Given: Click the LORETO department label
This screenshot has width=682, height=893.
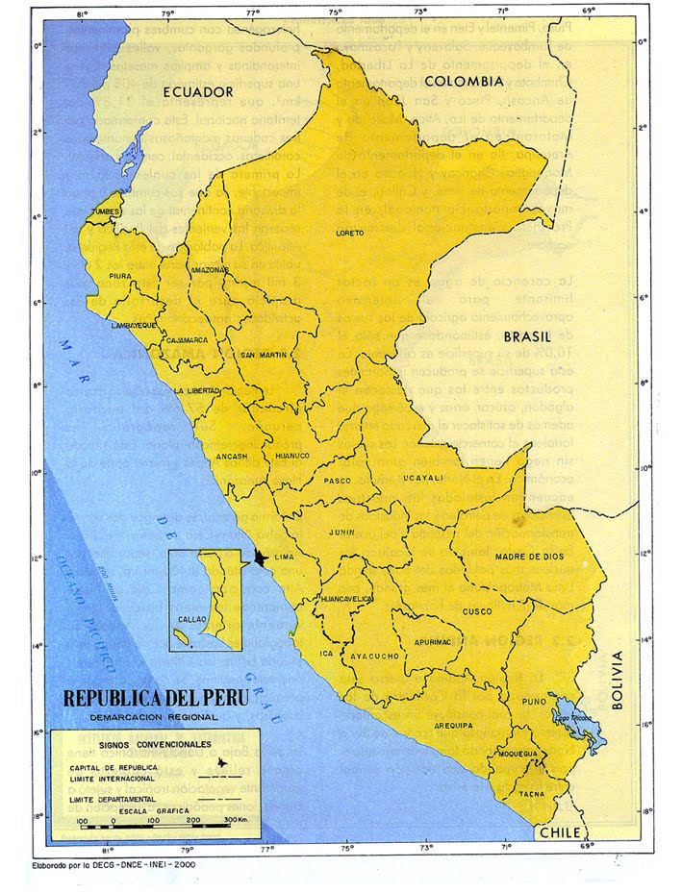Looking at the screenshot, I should pos(351,234).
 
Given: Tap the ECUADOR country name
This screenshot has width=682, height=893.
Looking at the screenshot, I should pos(198,92).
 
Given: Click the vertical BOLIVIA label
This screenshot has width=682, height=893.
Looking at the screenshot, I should pos(618,679).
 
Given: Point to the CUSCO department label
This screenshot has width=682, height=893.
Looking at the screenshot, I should pos(478,610).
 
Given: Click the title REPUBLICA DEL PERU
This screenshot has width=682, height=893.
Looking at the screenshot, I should pos(155,697).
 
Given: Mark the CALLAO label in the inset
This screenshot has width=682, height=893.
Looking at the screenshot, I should pos(191,621).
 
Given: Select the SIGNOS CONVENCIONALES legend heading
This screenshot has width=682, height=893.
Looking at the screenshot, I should pos(145,744).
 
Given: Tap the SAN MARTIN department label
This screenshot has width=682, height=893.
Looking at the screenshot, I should pos(265,355).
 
